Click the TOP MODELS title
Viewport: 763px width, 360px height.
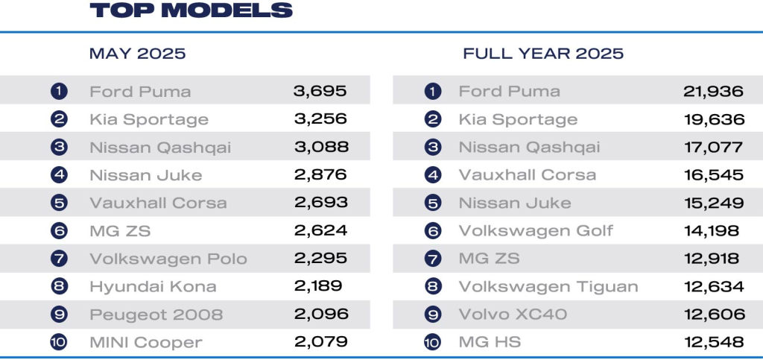pos(191,10)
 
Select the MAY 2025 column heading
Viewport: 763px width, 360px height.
pos(137,54)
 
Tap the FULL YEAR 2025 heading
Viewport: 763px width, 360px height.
pos(543,54)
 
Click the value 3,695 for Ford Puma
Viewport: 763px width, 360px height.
pos(320,92)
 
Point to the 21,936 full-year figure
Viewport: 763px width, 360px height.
pos(713,92)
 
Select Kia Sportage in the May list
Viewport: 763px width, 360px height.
pos(149,119)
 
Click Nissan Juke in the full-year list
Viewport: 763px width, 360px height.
pos(515,203)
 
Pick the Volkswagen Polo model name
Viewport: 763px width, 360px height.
pos(168,259)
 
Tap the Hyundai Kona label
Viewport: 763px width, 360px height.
pos(153,286)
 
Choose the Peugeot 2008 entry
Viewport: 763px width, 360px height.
pos(156,315)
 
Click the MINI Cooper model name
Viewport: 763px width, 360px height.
pos(146,342)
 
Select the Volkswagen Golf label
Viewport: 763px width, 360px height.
pos(536,230)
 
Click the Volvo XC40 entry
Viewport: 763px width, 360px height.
pos(513,315)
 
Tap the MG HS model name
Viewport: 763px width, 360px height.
pos(490,342)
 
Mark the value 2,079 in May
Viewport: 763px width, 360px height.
pos(320,342)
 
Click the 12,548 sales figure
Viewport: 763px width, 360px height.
pos(713,342)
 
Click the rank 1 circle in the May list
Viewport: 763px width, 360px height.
pos(59,92)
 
